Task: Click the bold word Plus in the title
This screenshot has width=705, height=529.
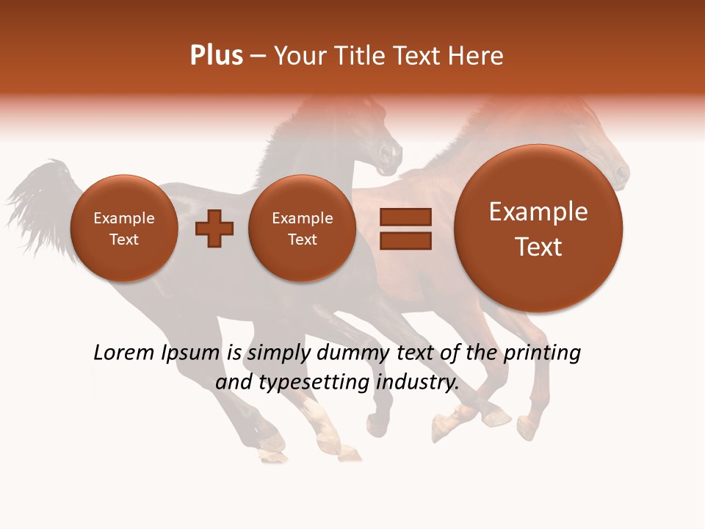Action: point(216,56)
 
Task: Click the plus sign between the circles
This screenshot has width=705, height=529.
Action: point(214,228)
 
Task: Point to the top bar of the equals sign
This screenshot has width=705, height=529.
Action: point(405,217)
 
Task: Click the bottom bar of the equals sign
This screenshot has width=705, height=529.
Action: point(405,240)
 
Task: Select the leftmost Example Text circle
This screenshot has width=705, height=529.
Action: point(123,228)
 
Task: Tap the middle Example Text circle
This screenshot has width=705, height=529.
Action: point(302,228)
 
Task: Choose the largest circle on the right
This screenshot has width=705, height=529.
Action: point(538,228)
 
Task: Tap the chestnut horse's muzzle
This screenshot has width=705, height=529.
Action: point(621,175)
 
